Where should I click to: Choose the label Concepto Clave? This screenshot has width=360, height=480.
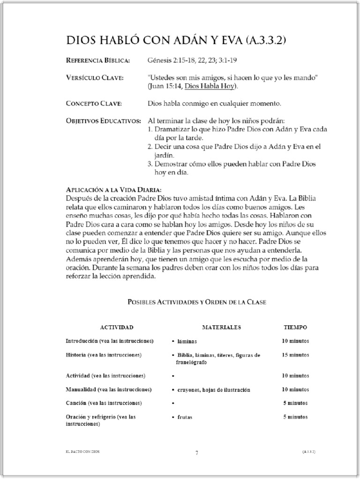point(94,103)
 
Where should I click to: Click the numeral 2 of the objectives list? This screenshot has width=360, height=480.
point(150,147)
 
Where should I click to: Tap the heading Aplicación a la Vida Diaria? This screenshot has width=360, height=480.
point(113,190)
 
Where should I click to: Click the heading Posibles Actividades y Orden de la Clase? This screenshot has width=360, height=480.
point(197,302)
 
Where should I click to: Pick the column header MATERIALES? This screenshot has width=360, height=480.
point(221,327)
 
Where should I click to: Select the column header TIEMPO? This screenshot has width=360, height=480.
point(295,327)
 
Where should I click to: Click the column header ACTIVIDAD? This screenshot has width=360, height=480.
point(117,327)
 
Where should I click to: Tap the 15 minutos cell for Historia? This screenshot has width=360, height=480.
point(295,355)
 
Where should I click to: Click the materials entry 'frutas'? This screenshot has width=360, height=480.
point(185,417)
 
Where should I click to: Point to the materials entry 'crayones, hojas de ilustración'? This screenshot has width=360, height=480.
point(214,390)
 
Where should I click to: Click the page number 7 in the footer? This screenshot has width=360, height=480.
point(197,453)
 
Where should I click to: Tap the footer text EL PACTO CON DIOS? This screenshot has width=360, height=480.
point(83,451)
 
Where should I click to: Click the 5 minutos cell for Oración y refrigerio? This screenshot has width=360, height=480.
point(295,416)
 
